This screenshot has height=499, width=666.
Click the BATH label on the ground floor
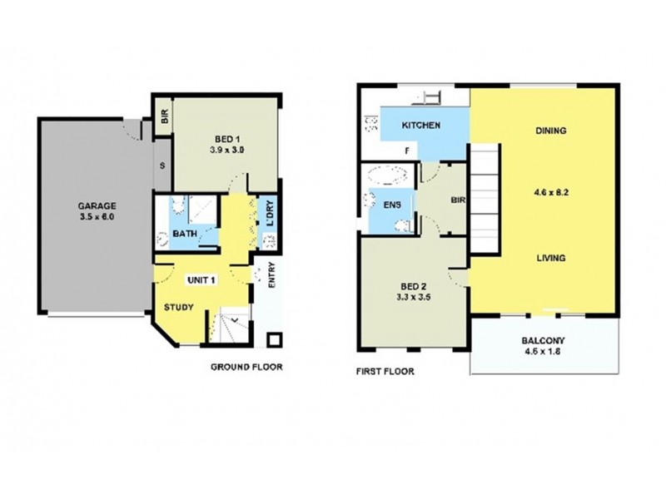[x=185, y=235]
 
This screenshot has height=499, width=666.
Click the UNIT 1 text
[x=201, y=279]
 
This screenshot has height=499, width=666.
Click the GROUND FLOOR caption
[x=246, y=366]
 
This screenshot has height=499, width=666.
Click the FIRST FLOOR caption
[x=386, y=372]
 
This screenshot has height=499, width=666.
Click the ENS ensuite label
[x=393, y=203]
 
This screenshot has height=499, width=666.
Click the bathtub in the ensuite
[x=387, y=176]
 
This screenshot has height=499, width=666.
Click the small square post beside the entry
[x=274, y=338]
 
